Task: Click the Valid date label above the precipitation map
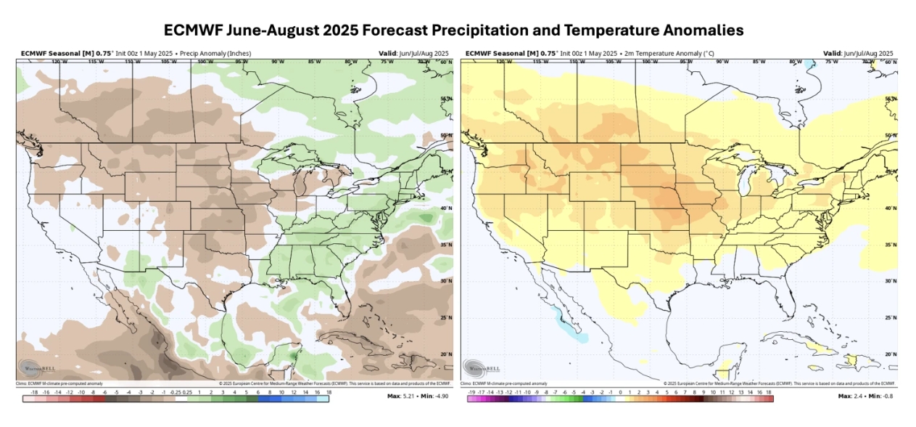[413, 54]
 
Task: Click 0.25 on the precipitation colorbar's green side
[188, 391]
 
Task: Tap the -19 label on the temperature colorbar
[471, 391]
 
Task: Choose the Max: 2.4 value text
[851, 396]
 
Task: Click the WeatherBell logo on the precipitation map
[33, 367]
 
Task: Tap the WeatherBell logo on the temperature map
[479, 367]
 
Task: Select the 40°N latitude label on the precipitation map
[445, 208]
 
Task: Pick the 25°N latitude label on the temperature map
[891, 317]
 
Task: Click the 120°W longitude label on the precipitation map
[54, 62]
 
